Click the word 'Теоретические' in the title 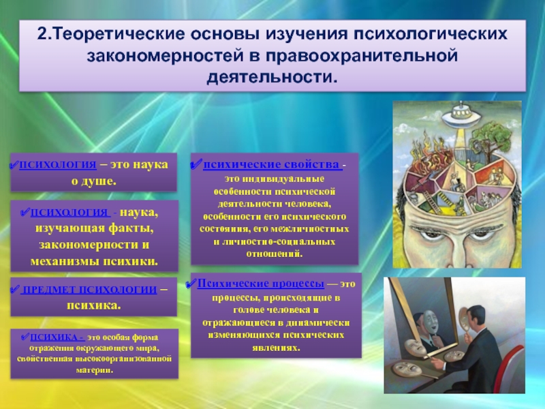point(118,34)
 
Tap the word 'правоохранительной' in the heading point(362,56)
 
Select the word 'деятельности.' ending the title point(272,77)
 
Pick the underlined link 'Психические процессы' point(261,284)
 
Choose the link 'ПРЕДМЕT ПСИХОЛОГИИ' point(89,289)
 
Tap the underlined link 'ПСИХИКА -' point(57,337)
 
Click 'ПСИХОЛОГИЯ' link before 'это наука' point(58,164)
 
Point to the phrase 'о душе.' point(94,181)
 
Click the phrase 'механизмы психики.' point(94,261)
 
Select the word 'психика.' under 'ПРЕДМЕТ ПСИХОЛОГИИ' point(94,305)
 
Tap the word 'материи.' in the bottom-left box point(95,370)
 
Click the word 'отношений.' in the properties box point(275,254)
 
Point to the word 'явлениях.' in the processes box point(277,348)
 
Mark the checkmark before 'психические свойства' point(197,164)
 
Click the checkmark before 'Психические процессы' point(191,284)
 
